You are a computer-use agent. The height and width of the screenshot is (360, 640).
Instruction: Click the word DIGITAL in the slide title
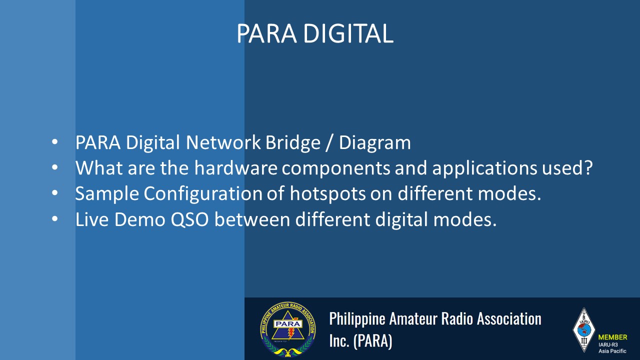point(348,33)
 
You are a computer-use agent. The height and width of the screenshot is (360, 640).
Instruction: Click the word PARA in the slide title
point(266,33)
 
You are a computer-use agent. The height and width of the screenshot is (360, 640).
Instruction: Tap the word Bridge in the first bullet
point(293,142)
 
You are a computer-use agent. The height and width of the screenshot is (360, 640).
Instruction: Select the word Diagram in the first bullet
point(375,142)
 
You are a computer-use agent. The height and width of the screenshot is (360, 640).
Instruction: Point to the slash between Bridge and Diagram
point(329,142)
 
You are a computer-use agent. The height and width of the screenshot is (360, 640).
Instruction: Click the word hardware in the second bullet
point(235,167)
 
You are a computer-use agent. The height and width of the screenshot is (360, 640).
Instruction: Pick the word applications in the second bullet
point(484,168)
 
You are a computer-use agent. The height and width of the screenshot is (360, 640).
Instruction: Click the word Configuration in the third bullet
point(203,194)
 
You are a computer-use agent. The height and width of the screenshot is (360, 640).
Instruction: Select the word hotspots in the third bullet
point(327,194)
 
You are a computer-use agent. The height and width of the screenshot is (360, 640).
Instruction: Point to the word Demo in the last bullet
point(139,219)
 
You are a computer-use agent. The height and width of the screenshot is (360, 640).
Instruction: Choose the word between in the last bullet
point(252,219)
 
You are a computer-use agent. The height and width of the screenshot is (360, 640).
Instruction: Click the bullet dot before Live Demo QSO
point(55,219)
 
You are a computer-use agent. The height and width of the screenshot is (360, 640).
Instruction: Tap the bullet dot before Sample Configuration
point(55,193)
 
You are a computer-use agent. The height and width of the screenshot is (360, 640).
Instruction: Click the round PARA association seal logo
point(288,329)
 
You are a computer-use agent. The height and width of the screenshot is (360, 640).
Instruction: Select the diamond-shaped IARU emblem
point(583,330)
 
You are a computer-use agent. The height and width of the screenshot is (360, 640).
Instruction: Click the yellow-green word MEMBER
point(612,337)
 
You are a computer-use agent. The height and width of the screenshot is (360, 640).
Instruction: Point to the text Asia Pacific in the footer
point(612,351)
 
